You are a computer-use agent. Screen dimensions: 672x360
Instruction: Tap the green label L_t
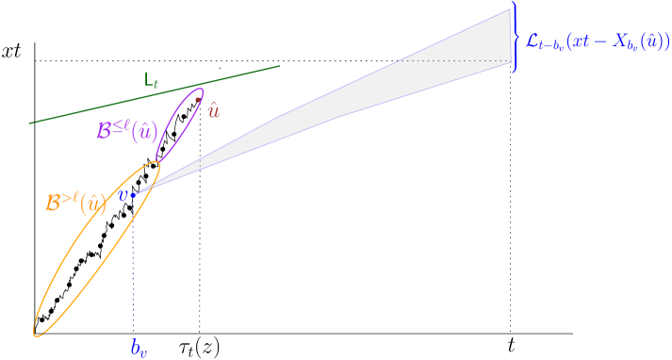pos(152,80)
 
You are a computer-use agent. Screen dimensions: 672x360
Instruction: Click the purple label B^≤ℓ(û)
pos(127,129)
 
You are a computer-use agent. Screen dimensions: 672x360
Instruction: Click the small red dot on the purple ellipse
pos(198,93)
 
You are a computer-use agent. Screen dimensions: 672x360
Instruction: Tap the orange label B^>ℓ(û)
pos(75,203)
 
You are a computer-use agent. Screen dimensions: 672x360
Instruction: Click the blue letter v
pos(123,195)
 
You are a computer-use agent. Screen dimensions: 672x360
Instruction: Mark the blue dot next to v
pos(134,194)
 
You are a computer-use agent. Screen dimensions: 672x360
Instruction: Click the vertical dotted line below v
pos(134,273)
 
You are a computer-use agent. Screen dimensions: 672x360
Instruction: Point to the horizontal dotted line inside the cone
pos(452,60)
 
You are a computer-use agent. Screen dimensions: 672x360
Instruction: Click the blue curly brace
pos(516,38)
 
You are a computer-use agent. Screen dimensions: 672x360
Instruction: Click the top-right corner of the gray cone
pos(510,9)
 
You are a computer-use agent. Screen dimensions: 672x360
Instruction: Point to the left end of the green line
pos(31,123)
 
